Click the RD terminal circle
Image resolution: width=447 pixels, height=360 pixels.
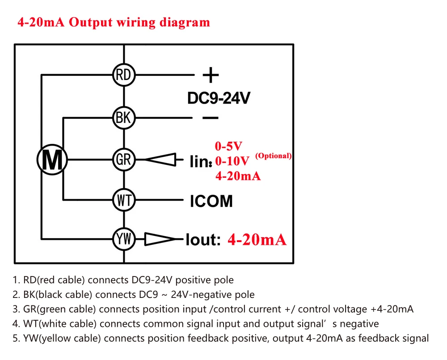[123, 75]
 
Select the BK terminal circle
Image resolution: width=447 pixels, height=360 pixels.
[123, 118]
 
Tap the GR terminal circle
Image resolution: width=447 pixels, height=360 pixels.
[123, 159]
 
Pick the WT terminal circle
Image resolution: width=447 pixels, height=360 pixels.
[123, 201]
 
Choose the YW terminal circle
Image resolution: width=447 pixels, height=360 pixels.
[123, 239]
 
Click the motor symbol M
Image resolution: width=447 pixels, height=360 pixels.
[52, 159]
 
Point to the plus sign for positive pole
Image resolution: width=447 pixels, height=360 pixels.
[210, 75]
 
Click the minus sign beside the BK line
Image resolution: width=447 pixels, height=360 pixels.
[210, 118]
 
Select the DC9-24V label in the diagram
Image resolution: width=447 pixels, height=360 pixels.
[219, 98]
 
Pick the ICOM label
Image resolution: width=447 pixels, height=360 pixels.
[211, 201]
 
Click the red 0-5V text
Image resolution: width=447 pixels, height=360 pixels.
[228, 146]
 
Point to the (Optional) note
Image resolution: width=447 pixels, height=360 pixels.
[273, 155]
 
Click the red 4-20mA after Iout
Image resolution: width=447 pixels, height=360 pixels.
[257, 239]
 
